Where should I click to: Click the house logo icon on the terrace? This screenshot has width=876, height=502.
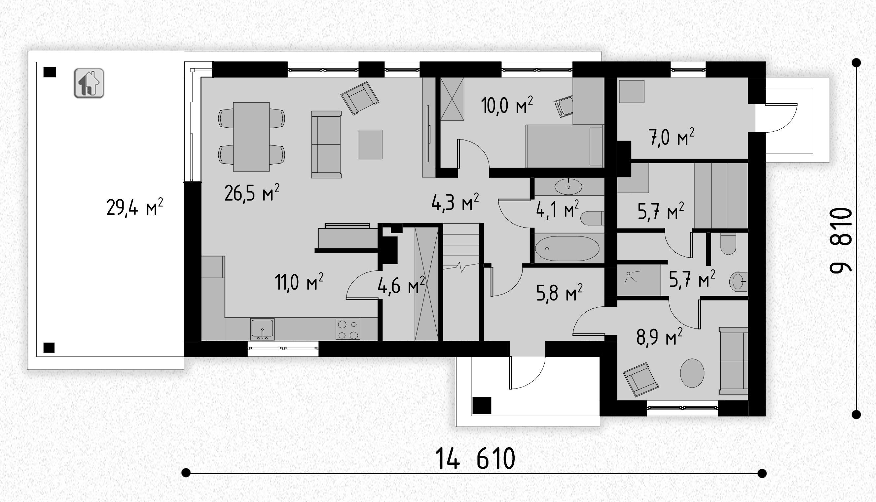[x=89, y=83]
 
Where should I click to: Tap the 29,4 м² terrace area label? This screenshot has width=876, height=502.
[x=135, y=207]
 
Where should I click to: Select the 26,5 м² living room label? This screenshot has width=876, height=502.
[x=252, y=193]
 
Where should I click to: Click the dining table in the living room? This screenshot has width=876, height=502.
[x=251, y=137]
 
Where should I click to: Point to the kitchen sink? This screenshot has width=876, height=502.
[x=262, y=329]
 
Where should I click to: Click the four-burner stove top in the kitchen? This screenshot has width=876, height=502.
[x=348, y=329]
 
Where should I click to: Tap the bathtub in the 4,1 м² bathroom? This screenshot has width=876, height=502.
[x=567, y=249]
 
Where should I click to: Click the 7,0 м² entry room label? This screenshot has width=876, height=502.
[x=671, y=137]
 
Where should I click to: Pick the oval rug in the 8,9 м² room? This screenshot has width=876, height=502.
[x=692, y=373]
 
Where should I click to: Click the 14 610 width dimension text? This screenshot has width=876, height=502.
[x=475, y=458]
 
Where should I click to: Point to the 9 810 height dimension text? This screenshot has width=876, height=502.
[x=841, y=241]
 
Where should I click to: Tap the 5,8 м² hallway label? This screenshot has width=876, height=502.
[x=559, y=292]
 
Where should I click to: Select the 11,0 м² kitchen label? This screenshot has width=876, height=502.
[x=299, y=282]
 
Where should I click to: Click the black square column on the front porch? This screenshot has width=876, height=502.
[x=482, y=405]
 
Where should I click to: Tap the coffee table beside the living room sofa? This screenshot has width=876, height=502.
[x=371, y=144]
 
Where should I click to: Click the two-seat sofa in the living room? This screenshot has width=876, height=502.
[x=326, y=144]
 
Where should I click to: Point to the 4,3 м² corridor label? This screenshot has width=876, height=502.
[x=455, y=203]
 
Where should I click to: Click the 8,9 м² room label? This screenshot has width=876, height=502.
[x=660, y=337]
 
